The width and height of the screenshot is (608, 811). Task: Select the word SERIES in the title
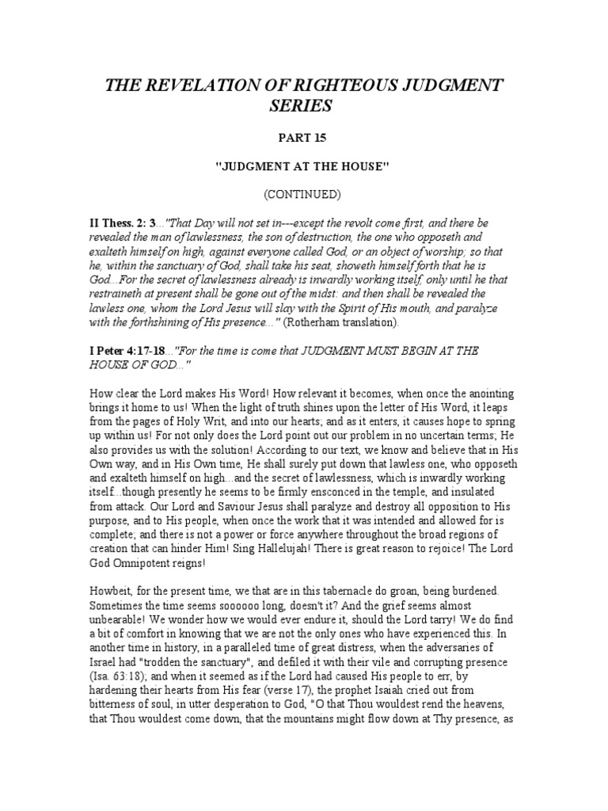[303, 106]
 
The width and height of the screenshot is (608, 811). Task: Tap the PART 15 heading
[303, 139]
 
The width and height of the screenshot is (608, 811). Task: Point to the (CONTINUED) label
[303, 193]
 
